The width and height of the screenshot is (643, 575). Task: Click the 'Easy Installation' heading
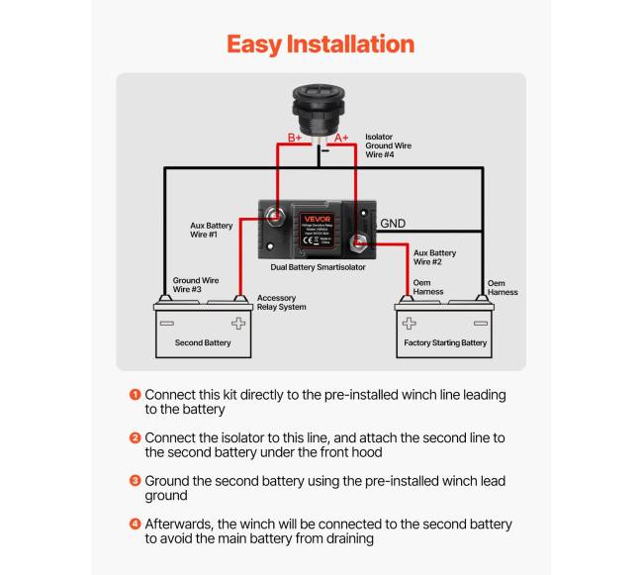point(321,45)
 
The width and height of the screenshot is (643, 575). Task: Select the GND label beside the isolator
point(394,224)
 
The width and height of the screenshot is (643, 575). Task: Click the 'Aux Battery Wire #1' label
point(212,231)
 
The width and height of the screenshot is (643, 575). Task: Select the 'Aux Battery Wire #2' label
point(434,257)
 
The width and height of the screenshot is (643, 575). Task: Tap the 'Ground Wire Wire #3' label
point(195,285)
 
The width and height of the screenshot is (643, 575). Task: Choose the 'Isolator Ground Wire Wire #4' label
point(388,145)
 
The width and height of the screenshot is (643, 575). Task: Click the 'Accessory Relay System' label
point(281,302)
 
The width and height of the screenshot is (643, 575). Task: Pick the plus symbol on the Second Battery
point(237,323)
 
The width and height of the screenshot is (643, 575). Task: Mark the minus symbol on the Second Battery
point(167,323)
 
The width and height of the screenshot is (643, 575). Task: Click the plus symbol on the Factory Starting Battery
point(410,323)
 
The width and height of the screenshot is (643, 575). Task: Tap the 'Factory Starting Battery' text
point(445,343)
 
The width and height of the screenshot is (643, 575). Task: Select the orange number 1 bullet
point(135,394)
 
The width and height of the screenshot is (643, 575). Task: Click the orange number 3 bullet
point(135,481)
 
